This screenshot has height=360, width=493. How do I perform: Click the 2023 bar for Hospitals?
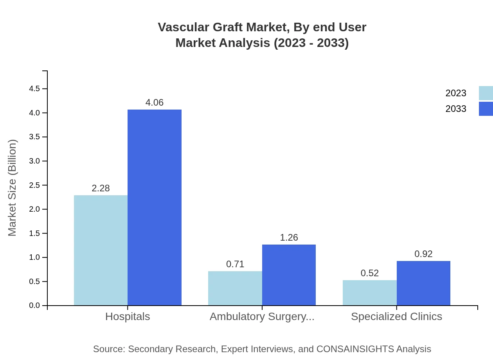[x=101, y=250]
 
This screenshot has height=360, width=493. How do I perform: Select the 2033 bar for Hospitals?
[x=155, y=207]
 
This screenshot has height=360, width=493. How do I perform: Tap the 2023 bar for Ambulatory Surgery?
[x=235, y=288]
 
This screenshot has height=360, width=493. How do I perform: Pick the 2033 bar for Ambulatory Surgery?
[x=289, y=275]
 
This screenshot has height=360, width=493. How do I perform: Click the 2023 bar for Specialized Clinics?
[x=370, y=293]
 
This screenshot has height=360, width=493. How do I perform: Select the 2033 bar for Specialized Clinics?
[x=423, y=283]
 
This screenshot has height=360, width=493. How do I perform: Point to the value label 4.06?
[x=155, y=103]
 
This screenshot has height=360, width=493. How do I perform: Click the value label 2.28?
[x=101, y=188]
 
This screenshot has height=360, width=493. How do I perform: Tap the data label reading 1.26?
[x=289, y=238]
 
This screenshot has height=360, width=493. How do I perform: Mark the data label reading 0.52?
[x=370, y=273]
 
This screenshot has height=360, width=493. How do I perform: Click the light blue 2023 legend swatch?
[x=486, y=93]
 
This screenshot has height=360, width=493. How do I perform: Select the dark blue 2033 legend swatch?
[x=486, y=109]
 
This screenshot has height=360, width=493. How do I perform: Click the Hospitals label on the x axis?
[x=128, y=317]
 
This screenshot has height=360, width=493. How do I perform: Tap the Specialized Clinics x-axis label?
[x=396, y=317]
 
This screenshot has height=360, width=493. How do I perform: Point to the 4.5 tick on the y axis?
[x=34, y=89]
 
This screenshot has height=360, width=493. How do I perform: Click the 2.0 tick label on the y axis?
[x=34, y=209]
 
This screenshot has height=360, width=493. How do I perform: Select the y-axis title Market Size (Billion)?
[x=13, y=188]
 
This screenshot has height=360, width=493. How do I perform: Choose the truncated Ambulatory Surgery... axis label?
[x=262, y=317]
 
